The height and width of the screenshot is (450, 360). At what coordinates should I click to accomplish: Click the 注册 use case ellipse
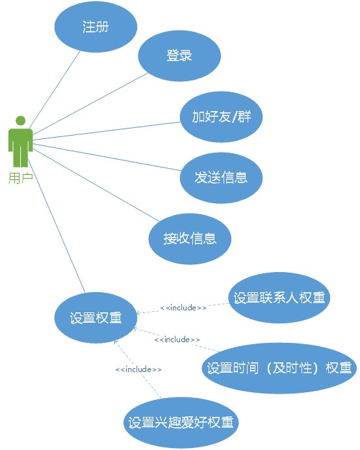click(96, 27)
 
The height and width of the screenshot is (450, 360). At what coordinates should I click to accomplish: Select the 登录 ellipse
click(179, 56)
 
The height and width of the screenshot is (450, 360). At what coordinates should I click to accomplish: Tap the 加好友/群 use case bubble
click(221, 117)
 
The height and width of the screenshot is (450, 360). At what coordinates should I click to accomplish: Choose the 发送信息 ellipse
click(221, 178)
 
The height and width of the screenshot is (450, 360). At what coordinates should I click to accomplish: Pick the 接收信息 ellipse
click(190, 238)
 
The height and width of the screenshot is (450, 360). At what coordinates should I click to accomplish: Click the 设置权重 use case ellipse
click(96, 318)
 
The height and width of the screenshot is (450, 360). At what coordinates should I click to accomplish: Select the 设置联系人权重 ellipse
click(279, 297)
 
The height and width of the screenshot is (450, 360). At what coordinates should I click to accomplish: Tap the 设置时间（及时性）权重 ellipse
click(279, 368)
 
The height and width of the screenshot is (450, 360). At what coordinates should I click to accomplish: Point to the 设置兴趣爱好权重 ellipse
click(181, 423)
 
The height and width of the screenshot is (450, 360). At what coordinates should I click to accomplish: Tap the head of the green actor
click(20, 121)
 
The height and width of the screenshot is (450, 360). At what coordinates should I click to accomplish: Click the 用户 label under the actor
click(20, 178)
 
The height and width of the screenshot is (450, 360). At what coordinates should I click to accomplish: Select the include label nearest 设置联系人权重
click(183, 308)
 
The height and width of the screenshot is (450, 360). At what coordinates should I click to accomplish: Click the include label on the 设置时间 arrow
click(177, 340)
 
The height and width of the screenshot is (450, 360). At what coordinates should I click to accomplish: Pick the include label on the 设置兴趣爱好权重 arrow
click(138, 369)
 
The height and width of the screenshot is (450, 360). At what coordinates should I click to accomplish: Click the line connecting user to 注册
click(55, 90)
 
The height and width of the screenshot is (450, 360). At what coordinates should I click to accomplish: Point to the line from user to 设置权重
click(57, 226)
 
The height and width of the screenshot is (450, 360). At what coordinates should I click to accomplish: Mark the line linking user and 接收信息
click(96, 185)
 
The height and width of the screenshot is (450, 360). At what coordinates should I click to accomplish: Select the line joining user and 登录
click(90, 104)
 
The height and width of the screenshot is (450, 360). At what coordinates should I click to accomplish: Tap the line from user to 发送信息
click(107, 157)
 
